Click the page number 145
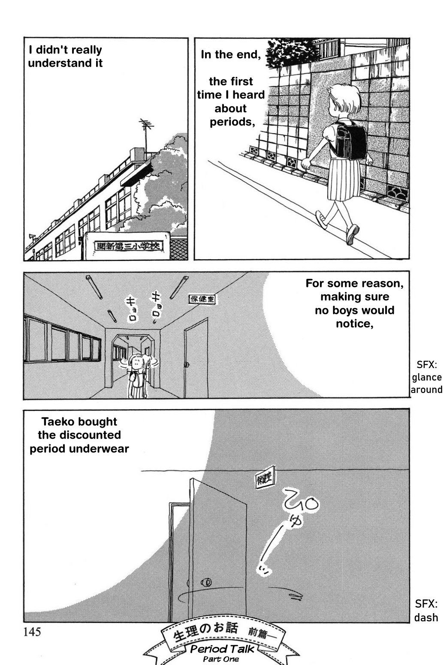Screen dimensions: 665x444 pos(32,632)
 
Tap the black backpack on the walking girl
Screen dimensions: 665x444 pos(350,140)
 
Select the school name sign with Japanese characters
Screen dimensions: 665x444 pos(126,247)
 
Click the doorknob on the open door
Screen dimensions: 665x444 pos(206,582)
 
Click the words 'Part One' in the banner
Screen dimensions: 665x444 pos(221,659)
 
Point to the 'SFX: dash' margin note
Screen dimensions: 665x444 pos(426,611)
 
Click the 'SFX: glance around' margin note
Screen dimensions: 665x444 pos(426,377)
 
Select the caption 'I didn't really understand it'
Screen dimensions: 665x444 pos(65,56)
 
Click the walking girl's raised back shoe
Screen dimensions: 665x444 pos(321,219)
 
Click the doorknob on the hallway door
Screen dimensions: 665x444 pos(186,365)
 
